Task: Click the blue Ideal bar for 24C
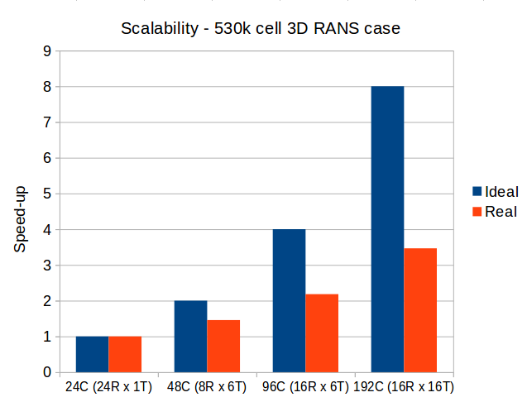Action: pos(92,354)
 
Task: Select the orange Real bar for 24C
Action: pos(125,354)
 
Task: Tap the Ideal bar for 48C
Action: pos(190,337)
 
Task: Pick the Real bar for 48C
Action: pos(223,346)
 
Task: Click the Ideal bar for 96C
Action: pos(289,300)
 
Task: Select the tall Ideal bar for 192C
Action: pos(387,229)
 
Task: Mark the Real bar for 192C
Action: pos(420,310)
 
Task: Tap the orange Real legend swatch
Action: pos(477,211)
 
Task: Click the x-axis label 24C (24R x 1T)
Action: pos(108,386)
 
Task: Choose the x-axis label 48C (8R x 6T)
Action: pos(207,386)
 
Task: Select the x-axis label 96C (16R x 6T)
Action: pos(305,386)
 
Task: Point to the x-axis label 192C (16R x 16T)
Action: pos(405,386)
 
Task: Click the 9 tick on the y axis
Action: pos(46,51)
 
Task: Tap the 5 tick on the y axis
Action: pos(46,194)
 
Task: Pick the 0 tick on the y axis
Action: pos(46,373)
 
